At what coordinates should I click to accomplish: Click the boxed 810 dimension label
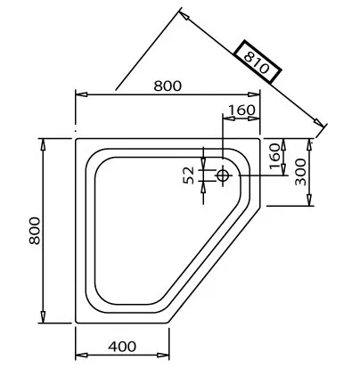tap(258, 62)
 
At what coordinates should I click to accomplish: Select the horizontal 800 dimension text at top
tap(167, 86)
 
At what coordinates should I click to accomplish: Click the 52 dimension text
tap(190, 175)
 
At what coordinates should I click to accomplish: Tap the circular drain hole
tap(222, 176)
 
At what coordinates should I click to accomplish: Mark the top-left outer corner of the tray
tap(76, 138)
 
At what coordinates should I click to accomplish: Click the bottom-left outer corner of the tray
tap(76, 323)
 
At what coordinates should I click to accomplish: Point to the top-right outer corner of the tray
tap(262, 138)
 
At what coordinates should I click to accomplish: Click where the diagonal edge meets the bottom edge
tap(170, 323)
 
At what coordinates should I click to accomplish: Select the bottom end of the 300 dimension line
tap(310, 206)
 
